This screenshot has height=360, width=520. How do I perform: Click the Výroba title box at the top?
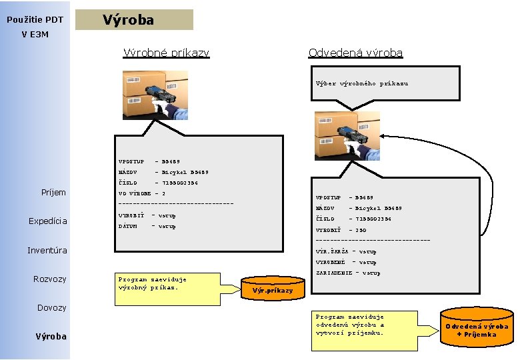point(134,20)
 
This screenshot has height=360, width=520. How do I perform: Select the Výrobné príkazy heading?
point(166,52)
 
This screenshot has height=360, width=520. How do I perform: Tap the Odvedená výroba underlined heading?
point(355,52)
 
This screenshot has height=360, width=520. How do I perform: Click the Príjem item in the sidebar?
point(54,193)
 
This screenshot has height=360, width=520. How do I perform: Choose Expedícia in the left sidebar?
point(47,221)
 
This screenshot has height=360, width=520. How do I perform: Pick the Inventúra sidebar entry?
point(47,251)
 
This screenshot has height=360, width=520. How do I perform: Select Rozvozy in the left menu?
point(50,279)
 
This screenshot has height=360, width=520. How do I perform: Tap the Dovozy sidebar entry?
point(51,307)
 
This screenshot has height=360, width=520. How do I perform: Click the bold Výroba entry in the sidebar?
point(51,336)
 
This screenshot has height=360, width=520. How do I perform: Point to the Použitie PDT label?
point(35,20)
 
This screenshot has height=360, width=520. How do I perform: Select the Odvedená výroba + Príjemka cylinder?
point(477,327)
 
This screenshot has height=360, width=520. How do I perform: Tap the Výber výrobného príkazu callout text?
point(362,84)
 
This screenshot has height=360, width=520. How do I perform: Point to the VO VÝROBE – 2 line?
point(141,193)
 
